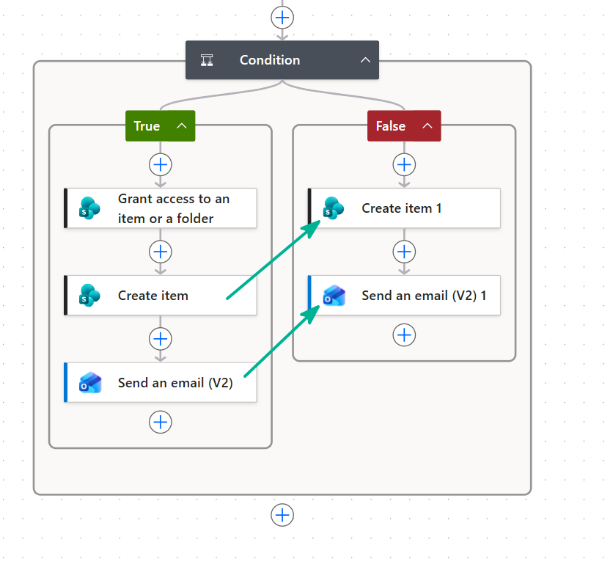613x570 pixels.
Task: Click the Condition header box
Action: pos(282,60)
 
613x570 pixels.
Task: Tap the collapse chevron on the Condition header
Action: pos(365,60)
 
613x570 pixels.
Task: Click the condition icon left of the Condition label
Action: pos(207,60)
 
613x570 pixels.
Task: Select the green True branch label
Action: pos(161,126)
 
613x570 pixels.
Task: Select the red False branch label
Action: pos(404,126)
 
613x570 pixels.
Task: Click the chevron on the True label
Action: pos(182,126)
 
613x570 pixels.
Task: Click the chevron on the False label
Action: pos(427,126)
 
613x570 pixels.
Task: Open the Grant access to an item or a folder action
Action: pos(161,208)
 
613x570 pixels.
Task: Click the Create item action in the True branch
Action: pos(161,296)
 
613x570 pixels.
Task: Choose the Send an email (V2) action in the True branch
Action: pos(161,383)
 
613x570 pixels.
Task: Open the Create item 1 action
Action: pos(404,208)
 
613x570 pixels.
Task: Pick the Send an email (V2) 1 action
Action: pos(404,296)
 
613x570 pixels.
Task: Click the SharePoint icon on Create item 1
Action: pos(334,208)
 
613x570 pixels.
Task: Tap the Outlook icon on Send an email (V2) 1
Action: pos(334,296)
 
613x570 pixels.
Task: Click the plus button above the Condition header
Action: pos(282,18)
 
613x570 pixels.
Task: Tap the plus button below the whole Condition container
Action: pos(282,515)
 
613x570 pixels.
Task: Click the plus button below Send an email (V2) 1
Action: pos(404,335)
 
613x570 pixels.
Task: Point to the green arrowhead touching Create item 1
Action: pos(312,228)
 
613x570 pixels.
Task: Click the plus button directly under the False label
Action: pos(404,165)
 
